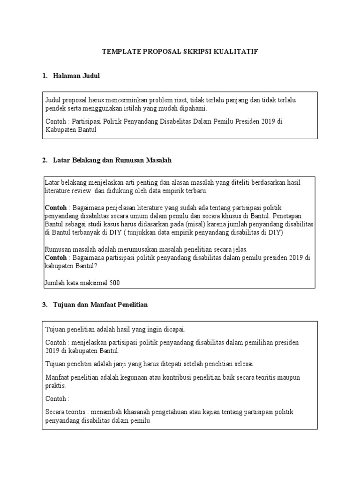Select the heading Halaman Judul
click(x=77, y=75)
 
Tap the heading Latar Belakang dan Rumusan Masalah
click(x=112, y=160)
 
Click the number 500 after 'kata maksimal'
click(x=115, y=283)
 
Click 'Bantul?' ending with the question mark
click(x=84, y=266)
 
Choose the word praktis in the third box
click(x=56, y=386)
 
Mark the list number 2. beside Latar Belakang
click(x=45, y=160)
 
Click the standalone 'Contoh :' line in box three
click(x=57, y=399)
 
